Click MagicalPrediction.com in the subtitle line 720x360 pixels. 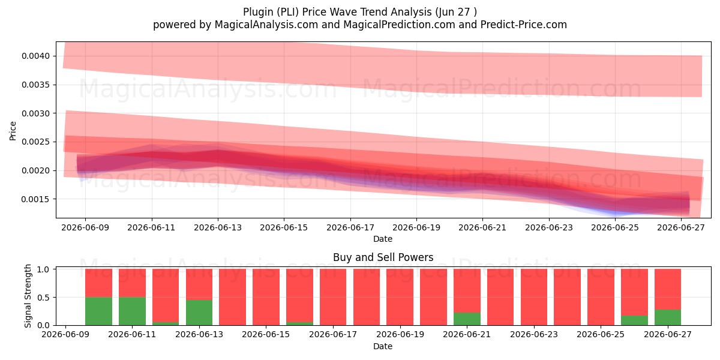pyautogui.click(x=399, y=25)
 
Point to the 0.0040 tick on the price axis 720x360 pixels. pyautogui.click(x=35, y=56)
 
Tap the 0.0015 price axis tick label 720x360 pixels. pyautogui.click(x=35, y=199)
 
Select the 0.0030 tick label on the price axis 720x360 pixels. pyautogui.click(x=35, y=113)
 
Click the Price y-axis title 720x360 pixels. pyautogui.click(x=13, y=131)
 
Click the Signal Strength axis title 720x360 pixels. pyautogui.click(x=28, y=296)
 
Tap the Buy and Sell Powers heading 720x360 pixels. pyautogui.click(x=383, y=257)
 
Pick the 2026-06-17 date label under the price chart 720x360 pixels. pyautogui.click(x=350, y=228)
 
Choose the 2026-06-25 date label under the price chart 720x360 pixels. pyautogui.click(x=615, y=228)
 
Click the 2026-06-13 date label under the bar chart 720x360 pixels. pyautogui.click(x=199, y=335)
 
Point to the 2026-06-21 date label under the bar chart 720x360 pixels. pyautogui.click(x=467, y=335)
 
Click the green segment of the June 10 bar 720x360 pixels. pyautogui.click(x=98, y=311)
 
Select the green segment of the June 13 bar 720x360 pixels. pyautogui.click(x=199, y=313)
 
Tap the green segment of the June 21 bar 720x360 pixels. pyautogui.click(x=467, y=319)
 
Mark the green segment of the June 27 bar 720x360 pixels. pyautogui.click(x=668, y=317)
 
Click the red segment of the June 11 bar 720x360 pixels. pyautogui.click(x=132, y=283)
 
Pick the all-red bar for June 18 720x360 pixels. pyautogui.click(x=367, y=298)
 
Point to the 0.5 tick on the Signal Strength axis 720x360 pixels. pyautogui.click(x=43, y=298)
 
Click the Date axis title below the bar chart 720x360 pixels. pyautogui.click(x=383, y=347)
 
